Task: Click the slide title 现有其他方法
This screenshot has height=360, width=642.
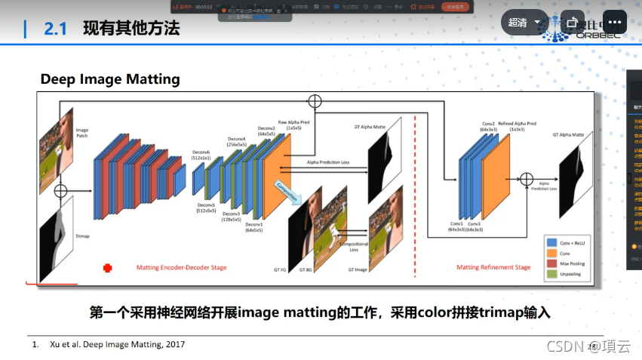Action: coord(131,29)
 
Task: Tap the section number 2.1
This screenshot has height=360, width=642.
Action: coord(56,29)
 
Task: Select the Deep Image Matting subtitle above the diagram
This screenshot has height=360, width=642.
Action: coord(110,79)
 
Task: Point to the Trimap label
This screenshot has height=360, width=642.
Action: coord(82,236)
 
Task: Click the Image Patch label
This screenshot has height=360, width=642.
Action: coord(82,134)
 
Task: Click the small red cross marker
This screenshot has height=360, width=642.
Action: coord(107,267)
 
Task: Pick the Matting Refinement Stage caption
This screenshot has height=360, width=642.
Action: coord(493,267)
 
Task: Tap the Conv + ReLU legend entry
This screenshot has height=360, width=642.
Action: coord(573,242)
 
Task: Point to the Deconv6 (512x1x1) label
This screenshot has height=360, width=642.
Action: coord(201,154)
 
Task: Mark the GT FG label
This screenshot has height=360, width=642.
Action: coord(280,270)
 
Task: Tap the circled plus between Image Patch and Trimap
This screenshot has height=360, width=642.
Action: coord(61,190)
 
